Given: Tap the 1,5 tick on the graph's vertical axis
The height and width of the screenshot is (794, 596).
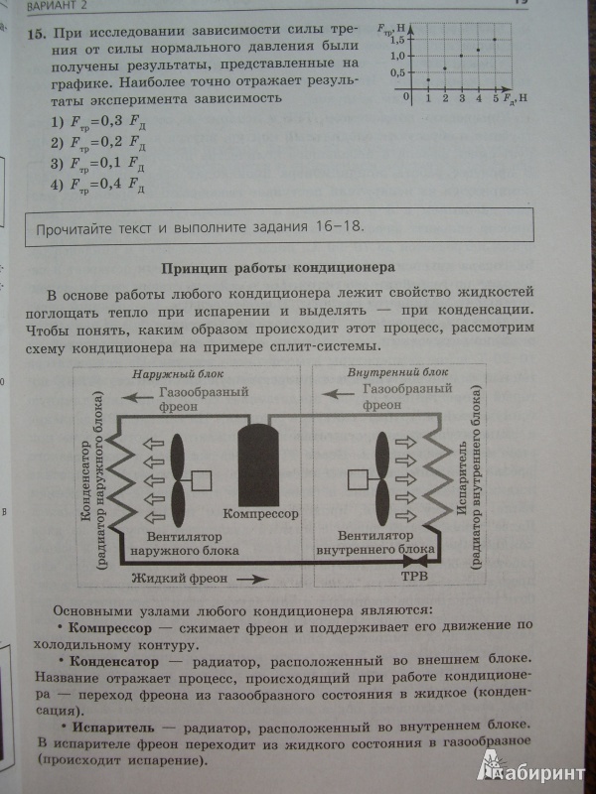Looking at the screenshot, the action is click(397, 40).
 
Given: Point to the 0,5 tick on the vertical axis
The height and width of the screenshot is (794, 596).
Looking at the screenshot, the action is click(397, 72).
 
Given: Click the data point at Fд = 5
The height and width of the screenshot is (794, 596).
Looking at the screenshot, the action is click(495, 40).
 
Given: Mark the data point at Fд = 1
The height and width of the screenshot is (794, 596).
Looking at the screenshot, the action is click(428, 79).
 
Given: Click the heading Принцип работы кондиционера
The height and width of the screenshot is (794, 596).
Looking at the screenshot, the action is click(278, 268).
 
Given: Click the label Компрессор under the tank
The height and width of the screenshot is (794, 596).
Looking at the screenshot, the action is click(260, 513).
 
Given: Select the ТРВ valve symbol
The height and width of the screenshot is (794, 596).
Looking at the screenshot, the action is click(415, 561).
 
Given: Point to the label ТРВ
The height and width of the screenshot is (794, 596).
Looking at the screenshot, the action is click(414, 576).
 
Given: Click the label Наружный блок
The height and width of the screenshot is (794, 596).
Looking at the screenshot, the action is click(179, 374).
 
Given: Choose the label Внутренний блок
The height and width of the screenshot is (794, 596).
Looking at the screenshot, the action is click(398, 372).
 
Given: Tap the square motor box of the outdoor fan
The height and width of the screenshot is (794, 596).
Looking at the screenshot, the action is click(202, 480).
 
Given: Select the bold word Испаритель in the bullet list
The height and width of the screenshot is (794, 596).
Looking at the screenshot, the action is click(113, 728).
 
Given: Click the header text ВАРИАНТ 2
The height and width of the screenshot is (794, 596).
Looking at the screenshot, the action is click(57, 6).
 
